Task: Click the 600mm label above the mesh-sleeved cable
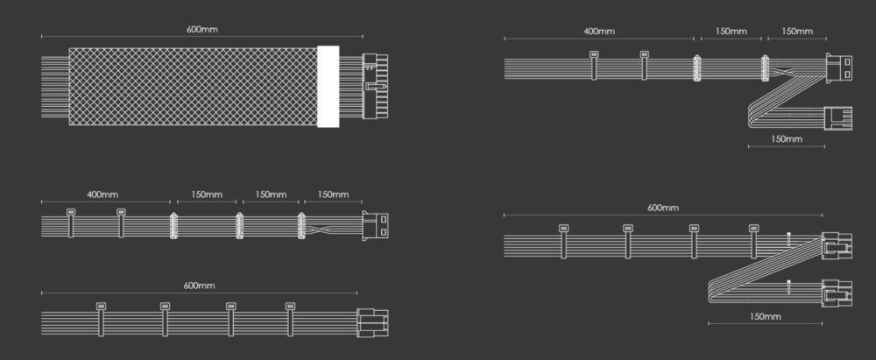pos(202,29)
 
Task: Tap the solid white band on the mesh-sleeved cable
pos(328,87)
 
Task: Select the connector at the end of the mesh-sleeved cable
pos(375,85)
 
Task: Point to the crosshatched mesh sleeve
pos(193,87)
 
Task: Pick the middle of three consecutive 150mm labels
pos(271,194)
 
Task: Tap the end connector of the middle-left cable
pos(376,226)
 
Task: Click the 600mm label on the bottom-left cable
pos(199,286)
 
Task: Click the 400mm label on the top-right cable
pos(599,32)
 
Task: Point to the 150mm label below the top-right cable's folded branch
pos(787,138)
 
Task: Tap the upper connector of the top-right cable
pos(837,68)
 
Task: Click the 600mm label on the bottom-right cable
pos(663,208)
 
